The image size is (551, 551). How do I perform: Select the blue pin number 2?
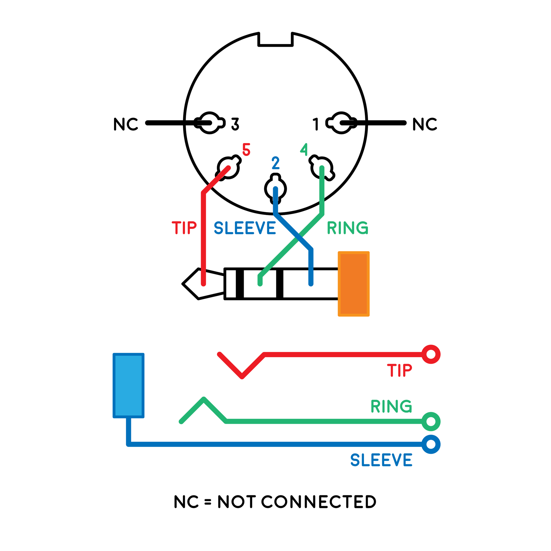pos(275,163)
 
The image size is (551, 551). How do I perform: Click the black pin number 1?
pos(316,124)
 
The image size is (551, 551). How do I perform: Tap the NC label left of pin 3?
pos(125,124)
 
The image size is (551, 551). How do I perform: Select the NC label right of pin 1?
pos(425,124)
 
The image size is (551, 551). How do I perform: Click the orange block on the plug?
pos(354,284)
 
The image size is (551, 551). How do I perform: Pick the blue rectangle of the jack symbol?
pos(128,385)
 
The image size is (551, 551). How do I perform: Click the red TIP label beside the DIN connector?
pos(184,228)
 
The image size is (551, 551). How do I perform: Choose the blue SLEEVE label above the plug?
pos(245,228)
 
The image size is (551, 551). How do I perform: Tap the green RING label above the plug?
pos(348,228)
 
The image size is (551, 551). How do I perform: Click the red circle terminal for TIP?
pos(431,355)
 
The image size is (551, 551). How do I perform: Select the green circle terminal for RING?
pos(431,422)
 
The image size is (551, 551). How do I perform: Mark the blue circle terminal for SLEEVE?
pos(431,444)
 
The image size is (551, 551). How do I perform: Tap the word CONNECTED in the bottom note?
pos(319,502)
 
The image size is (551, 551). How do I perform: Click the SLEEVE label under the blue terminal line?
pos(381,460)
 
